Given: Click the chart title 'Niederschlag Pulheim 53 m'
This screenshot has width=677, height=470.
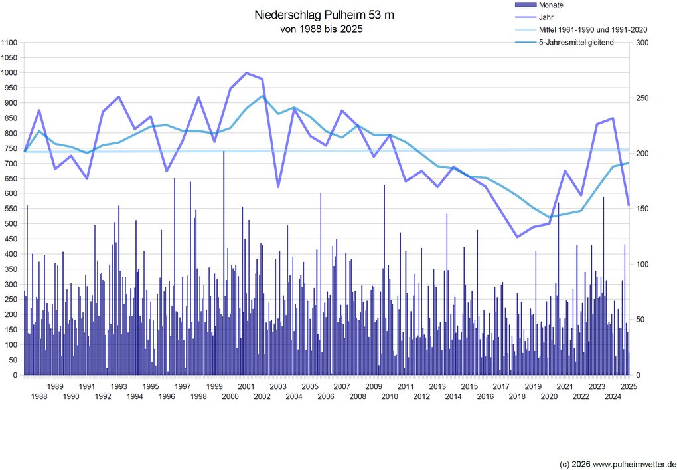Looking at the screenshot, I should click(x=324, y=15).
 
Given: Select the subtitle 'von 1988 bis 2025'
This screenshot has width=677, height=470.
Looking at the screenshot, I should click(x=322, y=29).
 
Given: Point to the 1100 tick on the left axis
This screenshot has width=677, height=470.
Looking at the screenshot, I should click(x=10, y=43).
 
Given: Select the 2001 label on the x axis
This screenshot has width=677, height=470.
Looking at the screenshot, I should click(x=246, y=386).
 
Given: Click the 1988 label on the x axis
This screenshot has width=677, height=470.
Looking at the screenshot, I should click(x=39, y=397).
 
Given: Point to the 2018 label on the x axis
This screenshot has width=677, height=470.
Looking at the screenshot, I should click(x=517, y=397).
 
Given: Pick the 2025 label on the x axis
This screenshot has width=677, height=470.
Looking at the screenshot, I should click(x=629, y=386).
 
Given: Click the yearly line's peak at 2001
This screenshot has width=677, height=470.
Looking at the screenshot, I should click(x=246, y=73).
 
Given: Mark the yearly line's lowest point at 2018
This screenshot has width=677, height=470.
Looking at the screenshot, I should click(x=517, y=237).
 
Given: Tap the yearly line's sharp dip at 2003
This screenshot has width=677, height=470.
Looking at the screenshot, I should click(x=278, y=187).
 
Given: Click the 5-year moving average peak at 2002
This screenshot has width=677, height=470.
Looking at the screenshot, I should click(x=262, y=96).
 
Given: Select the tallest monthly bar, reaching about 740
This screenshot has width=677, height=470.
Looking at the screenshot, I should click(x=224, y=152).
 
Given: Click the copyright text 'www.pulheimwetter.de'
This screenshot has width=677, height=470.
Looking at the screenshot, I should click(x=635, y=463).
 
